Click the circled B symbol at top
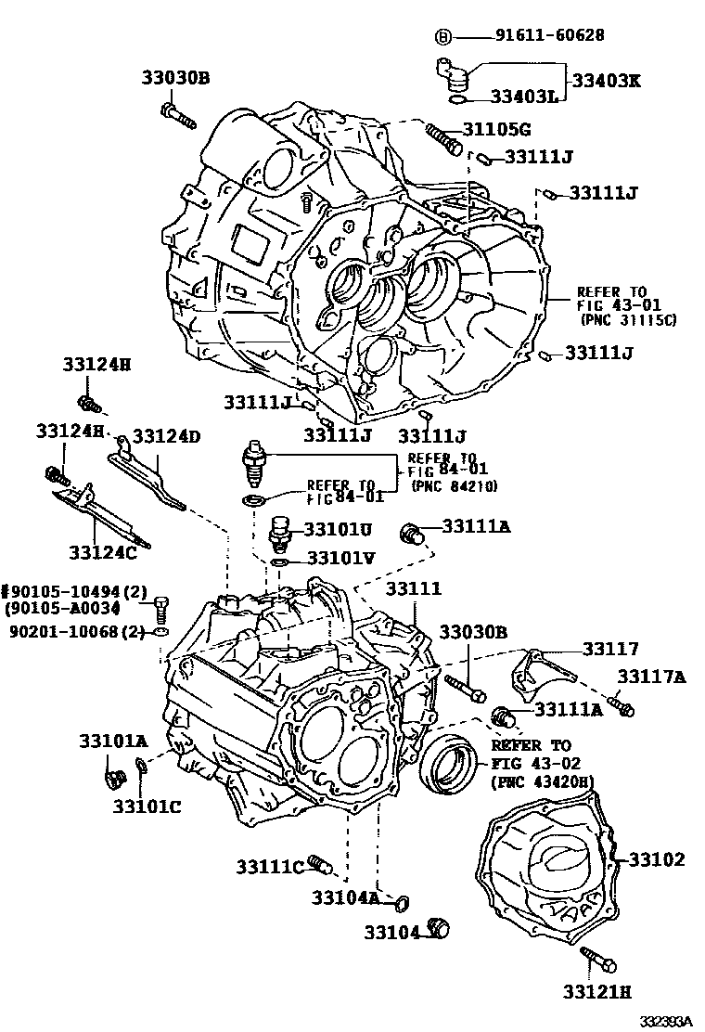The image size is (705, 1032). click(x=443, y=36)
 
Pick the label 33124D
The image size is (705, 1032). click(x=166, y=435)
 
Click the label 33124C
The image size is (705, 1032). click(x=102, y=553)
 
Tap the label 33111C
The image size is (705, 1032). click(x=269, y=867)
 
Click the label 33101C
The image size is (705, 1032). click(x=147, y=806)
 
